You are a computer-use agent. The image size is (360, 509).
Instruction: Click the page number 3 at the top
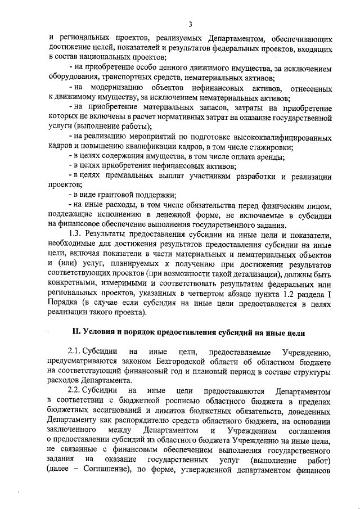click(x=191, y=24)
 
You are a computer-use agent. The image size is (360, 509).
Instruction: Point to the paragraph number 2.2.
click(x=75, y=389)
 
